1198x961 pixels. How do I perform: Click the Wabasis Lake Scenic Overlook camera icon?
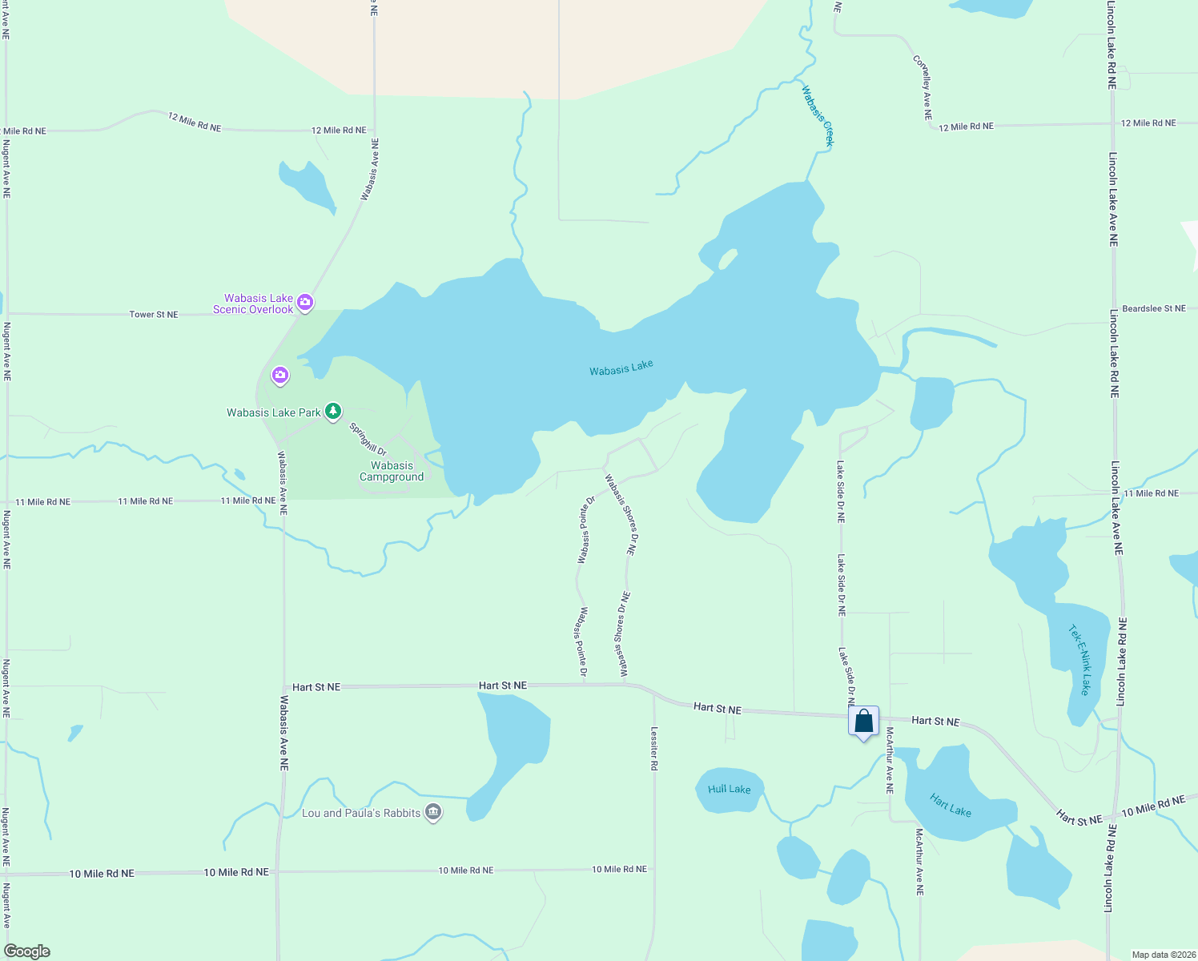point(304,302)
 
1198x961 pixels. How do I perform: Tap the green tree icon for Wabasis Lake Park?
point(333,412)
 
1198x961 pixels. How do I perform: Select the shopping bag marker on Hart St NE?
point(863,722)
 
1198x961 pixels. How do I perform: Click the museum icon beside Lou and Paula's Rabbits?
point(433,812)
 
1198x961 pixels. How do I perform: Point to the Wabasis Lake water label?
point(621,368)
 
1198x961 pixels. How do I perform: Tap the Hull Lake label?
point(730,789)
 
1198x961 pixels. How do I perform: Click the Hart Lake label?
point(951,805)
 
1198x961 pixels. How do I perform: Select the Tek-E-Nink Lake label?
point(1080,660)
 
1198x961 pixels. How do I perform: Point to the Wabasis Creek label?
point(818,116)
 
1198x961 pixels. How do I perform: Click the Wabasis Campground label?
point(392,471)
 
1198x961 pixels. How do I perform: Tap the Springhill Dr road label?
point(368,440)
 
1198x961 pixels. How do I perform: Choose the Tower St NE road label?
point(154,315)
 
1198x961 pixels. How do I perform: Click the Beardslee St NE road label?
point(1153,308)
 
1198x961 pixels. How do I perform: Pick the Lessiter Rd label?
point(654,749)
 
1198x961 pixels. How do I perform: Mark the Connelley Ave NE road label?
point(923,87)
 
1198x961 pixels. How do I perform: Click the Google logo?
point(27,951)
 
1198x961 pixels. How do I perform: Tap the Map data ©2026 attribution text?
point(1163,955)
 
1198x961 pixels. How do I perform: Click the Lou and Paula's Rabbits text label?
point(361,813)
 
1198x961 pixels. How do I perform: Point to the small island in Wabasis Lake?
point(728,259)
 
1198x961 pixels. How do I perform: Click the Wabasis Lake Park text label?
point(273,412)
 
